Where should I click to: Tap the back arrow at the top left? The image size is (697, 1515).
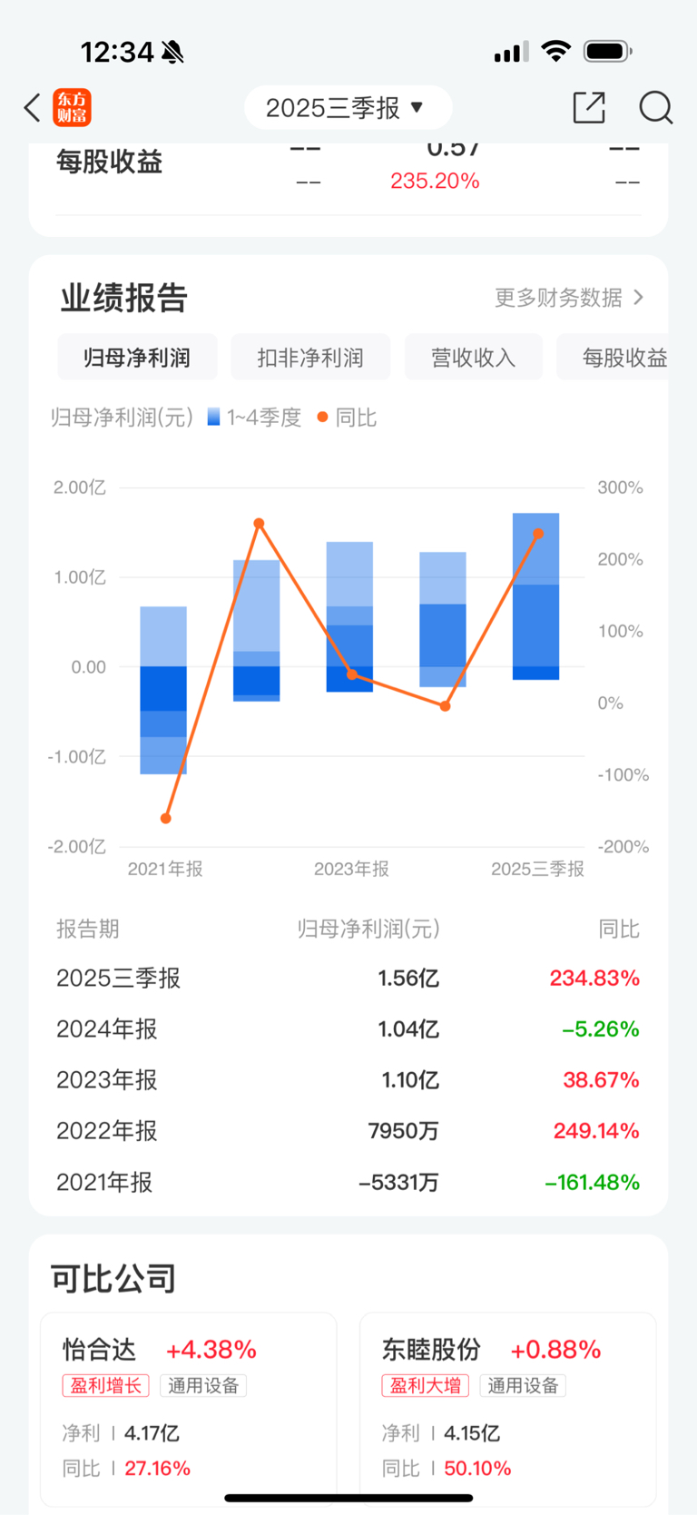(x=33, y=108)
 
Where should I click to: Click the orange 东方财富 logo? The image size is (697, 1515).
(x=72, y=108)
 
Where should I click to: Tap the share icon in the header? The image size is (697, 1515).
(x=589, y=107)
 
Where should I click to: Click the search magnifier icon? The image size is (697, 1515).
(x=655, y=107)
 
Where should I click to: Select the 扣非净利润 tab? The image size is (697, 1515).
(x=310, y=358)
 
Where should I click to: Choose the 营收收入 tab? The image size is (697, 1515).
(x=473, y=358)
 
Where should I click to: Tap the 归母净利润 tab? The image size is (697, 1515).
(x=137, y=358)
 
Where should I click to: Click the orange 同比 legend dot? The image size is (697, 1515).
(x=322, y=418)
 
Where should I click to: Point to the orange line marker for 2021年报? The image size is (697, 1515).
(x=166, y=819)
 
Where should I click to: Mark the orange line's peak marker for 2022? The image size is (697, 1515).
(x=259, y=524)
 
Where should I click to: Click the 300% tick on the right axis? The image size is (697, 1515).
(x=620, y=487)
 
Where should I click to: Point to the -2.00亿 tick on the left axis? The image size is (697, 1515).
(x=77, y=847)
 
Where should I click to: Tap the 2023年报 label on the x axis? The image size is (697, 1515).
(x=351, y=869)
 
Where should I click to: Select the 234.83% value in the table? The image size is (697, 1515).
(x=594, y=979)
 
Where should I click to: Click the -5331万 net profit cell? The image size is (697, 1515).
(x=398, y=1183)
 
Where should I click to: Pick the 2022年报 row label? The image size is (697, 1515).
(x=107, y=1131)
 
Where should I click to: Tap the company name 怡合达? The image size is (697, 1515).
(x=99, y=1350)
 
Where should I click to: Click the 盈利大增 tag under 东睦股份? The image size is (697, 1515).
(x=426, y=1386)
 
